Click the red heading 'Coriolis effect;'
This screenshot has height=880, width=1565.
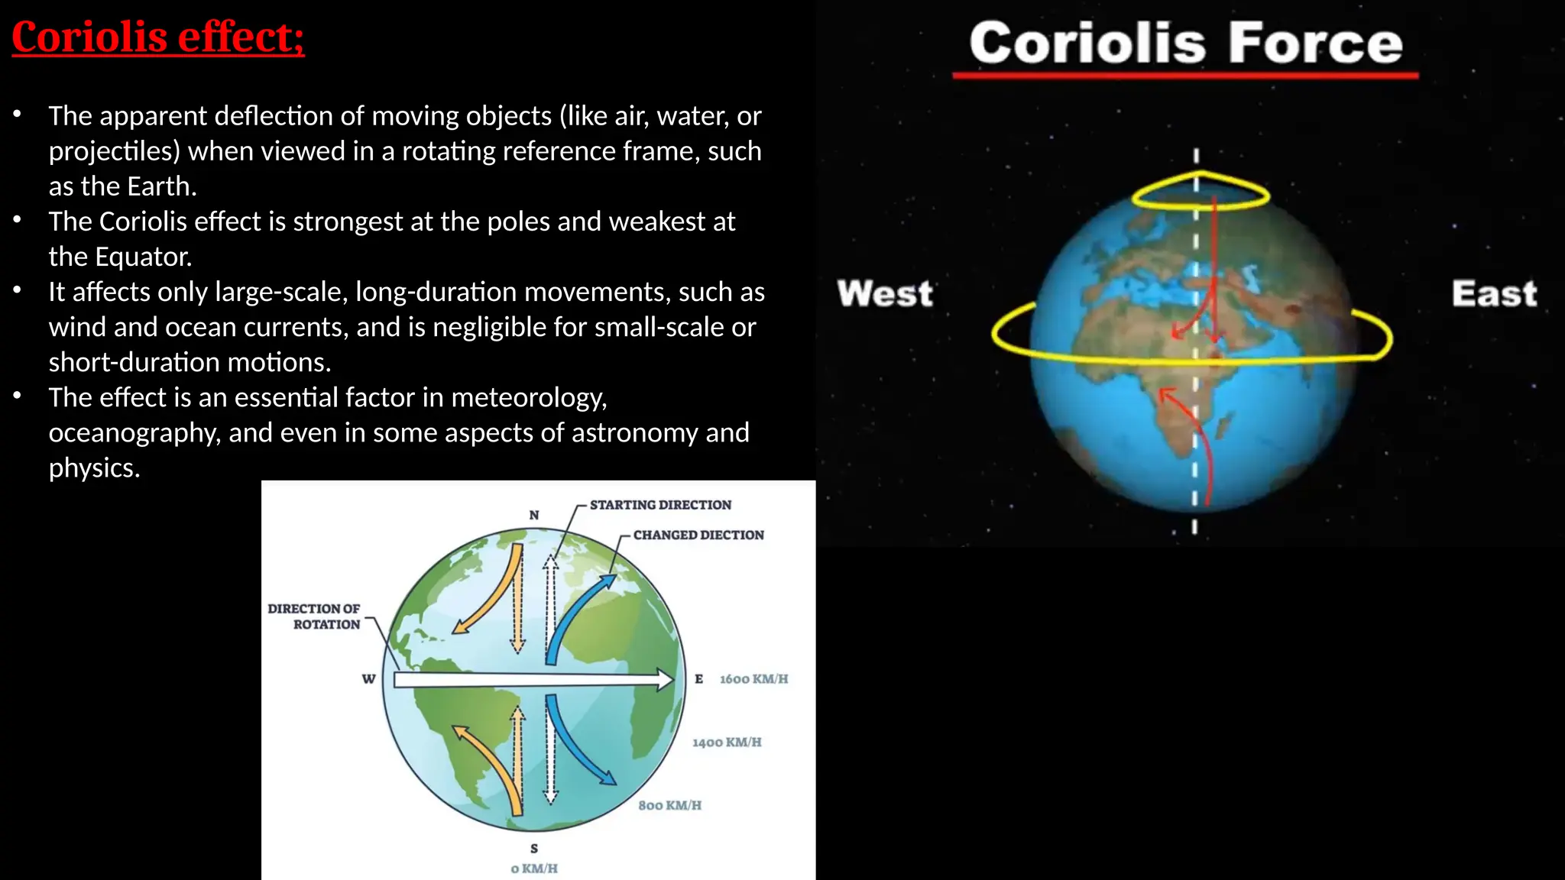(158, 37)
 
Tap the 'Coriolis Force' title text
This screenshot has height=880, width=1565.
(1186, 43)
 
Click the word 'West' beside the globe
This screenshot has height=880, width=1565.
(885, 293)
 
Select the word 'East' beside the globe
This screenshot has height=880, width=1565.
(1494, 293)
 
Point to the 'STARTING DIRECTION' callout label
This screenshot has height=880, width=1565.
(660, 505)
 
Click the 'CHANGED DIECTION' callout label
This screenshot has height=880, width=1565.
(698, 535)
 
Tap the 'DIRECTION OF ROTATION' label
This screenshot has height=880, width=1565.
(314, 616)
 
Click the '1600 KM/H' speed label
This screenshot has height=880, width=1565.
(753, 679)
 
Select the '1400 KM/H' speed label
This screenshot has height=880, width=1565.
(727, 742)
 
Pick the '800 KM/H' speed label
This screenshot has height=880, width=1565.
(669, 805)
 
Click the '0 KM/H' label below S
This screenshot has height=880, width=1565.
(534, 869)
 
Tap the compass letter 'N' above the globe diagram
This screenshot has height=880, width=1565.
(534, 515)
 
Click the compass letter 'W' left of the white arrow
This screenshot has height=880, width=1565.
(369, 679)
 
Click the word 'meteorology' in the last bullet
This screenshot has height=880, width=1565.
(529, 397)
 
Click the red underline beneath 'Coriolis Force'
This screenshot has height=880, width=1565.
(1186, 76)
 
